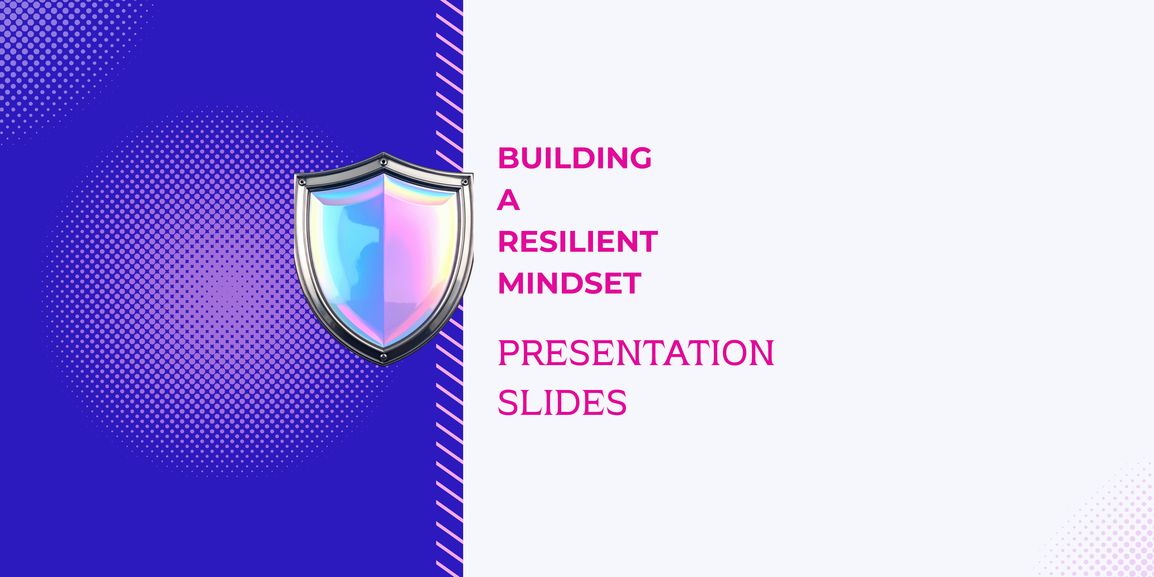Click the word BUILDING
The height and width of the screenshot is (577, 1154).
pos(575,158)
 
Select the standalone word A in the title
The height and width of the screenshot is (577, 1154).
pos(508,200)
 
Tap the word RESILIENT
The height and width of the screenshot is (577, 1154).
pos(578,242)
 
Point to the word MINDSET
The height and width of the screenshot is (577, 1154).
pos(570,283)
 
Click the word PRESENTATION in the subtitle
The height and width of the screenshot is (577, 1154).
pos(636,353)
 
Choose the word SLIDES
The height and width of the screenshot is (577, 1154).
pos(562,403)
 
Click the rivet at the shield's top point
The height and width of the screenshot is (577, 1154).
pos(383,162)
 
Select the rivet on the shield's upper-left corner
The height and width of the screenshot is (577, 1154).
pos(302,182)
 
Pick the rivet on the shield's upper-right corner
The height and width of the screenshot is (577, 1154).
pos(465,182)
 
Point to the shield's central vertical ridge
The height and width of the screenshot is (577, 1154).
pos(384,258)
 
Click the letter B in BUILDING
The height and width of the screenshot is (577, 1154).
pos(508,158)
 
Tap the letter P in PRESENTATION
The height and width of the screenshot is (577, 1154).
pos(509,353)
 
